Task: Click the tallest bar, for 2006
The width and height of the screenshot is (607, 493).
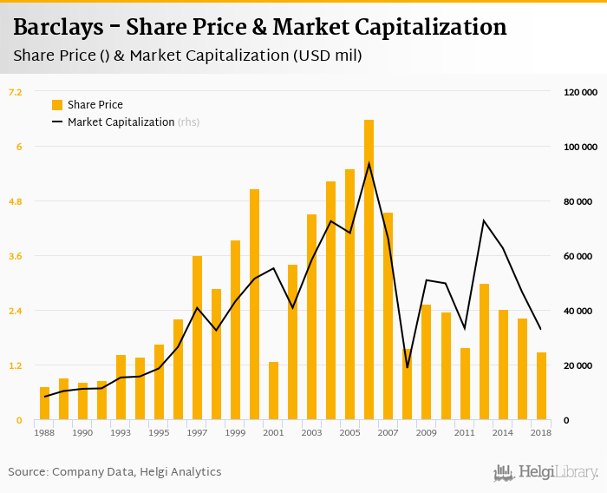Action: [x=369, y=270]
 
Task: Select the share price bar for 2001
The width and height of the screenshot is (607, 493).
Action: [x=273, y=391]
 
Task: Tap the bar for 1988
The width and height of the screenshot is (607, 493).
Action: [x=44, y=404]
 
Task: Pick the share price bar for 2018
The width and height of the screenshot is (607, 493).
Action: [x=541, y=386]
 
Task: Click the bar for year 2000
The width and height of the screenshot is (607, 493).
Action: [x=254, y=305]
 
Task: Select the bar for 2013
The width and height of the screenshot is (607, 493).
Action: [x=484, y=352]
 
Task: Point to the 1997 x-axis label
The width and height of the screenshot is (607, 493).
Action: [x=197, y=432]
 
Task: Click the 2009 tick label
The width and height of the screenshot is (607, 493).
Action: [x=426, y=432]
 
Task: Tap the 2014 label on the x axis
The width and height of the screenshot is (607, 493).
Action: [x=503, y=432]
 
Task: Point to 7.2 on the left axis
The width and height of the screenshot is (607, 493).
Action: [x=16, y=92]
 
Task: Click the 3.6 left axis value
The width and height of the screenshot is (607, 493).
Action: [x=16, y=256]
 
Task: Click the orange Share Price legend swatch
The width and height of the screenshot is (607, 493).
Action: [x=57, y=105]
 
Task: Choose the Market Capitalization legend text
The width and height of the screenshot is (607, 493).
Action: [x=121, y=122]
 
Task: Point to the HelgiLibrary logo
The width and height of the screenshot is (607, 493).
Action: [x=545, y=472]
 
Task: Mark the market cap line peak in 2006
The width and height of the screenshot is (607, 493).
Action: [x=369, y=163]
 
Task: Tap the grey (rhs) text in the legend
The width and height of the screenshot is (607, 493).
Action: [x=189, y=122]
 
